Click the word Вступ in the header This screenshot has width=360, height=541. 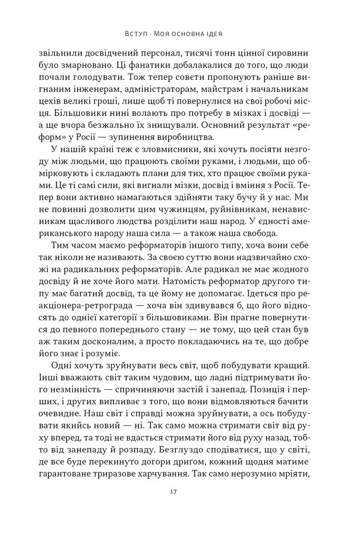(x=137, y=33)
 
